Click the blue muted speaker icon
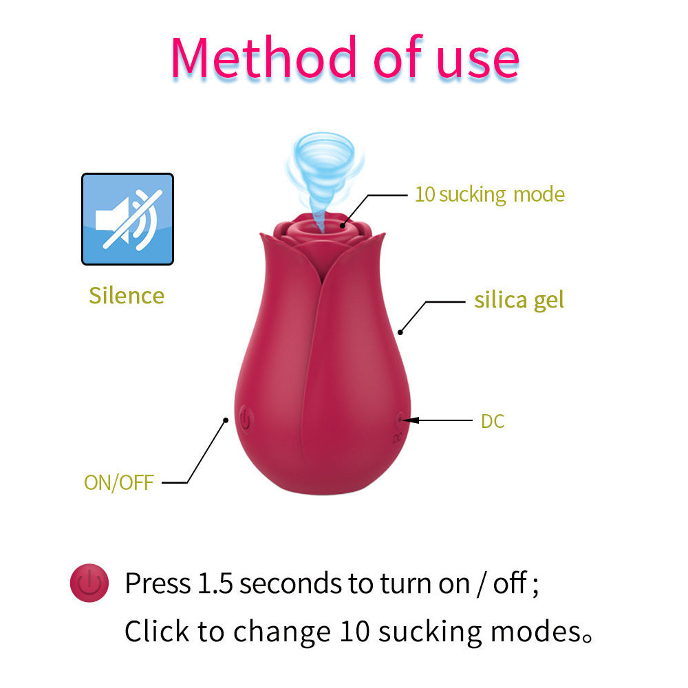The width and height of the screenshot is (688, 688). (127, 219)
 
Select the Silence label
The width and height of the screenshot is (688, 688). (127, 296)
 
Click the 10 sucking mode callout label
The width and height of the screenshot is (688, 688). (489, 195)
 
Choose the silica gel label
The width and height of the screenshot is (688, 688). (519, 301)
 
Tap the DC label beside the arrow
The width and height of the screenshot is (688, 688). (493, 421)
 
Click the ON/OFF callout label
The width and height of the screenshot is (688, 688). (119, 482)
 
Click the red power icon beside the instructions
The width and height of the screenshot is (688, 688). (89, 583)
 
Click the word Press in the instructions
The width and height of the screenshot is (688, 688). (158, 583)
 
